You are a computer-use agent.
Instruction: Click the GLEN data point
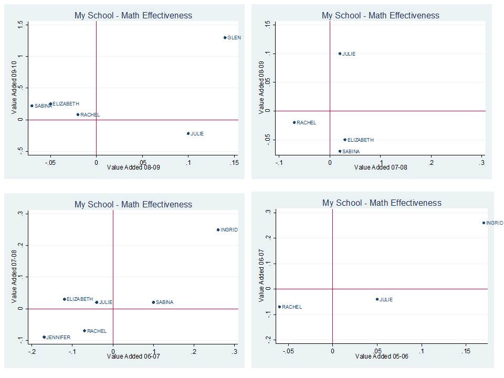(225, 38)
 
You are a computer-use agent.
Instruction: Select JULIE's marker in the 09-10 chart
(188, 133)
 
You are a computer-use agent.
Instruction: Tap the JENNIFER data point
(44, 337)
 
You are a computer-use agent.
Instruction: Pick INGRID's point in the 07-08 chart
(218, 230)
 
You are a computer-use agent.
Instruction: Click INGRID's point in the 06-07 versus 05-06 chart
(484, 223)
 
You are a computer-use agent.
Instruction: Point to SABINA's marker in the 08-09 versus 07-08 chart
(340, 151)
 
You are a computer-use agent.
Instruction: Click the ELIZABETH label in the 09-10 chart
(66, 104)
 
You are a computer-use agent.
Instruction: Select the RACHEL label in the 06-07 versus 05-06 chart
(292, 307)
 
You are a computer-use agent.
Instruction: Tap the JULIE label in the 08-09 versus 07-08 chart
(349, 54)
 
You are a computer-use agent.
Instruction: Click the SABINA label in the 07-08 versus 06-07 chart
(164, 302)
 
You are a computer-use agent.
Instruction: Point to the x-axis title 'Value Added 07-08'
(381, 167)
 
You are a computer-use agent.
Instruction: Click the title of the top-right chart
(381, 15)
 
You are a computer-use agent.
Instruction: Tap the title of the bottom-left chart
(133, 204)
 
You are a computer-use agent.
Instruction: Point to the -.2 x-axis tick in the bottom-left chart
(31, 350)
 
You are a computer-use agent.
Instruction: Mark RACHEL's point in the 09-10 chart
(78, 114)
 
